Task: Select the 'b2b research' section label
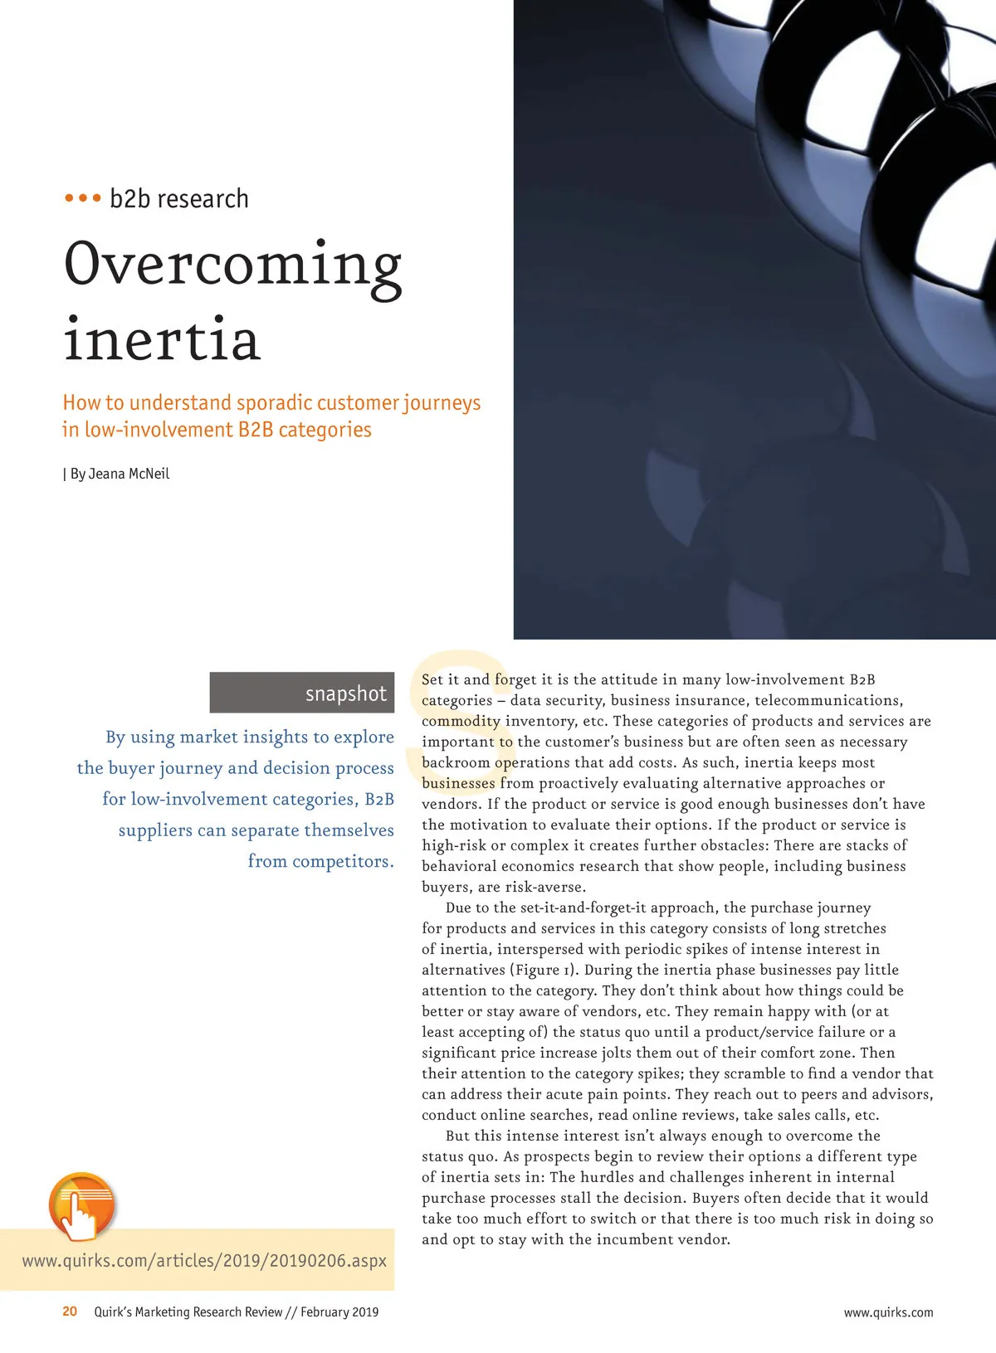179,199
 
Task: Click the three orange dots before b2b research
82,199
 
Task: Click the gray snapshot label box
301,693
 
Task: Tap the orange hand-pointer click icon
81,1206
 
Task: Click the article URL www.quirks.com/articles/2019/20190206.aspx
204,1261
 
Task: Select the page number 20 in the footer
70,1312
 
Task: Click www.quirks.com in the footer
888,1312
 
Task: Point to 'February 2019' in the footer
339,1312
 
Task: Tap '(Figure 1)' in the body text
547,970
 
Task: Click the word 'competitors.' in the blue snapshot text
320,861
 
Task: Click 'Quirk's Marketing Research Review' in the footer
188,1312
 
